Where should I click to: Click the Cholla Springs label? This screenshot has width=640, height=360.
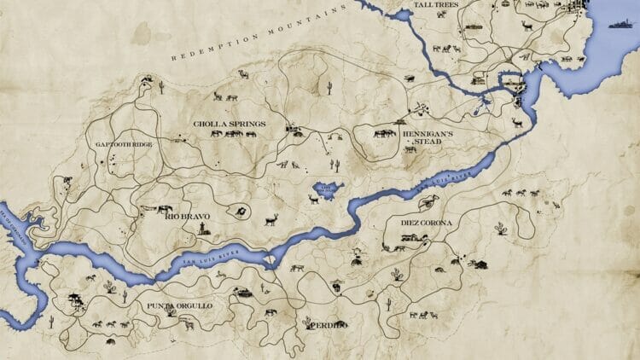[230, 124]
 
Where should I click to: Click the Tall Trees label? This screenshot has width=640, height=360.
[412, 5]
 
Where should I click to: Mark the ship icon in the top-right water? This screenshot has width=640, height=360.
[620, 26]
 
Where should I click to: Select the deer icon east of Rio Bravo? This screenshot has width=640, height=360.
[271, 220]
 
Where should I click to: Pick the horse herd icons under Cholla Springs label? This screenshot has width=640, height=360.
[224, 134]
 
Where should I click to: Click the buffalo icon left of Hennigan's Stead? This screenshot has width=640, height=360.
[384, 133]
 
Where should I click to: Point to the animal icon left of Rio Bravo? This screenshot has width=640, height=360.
[159, 208]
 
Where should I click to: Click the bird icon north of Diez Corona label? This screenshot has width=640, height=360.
[431, 201]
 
